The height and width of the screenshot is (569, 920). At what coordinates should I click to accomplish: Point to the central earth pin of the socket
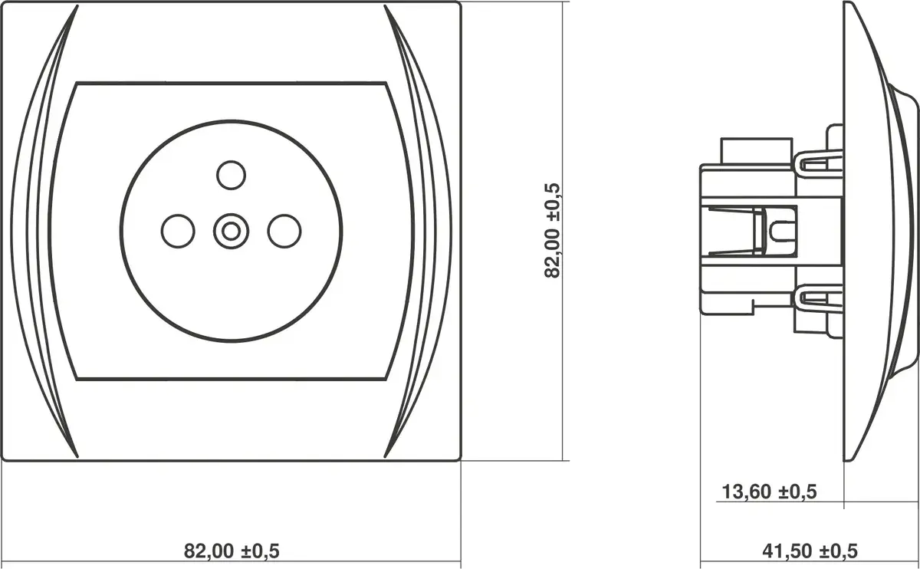pyautogui.click(x=232, y=232)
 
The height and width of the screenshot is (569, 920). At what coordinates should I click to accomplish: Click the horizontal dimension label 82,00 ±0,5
pyautogui.click(x=232, y=551)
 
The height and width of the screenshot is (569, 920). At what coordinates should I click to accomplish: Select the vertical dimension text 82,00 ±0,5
pyautogui.click(x=552, y=231)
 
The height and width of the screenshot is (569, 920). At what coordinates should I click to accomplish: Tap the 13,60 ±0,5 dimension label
pyautogui.click(x=769, y=492)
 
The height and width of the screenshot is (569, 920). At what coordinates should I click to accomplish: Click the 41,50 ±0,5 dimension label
pyautogui.click(x=810, y=551)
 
